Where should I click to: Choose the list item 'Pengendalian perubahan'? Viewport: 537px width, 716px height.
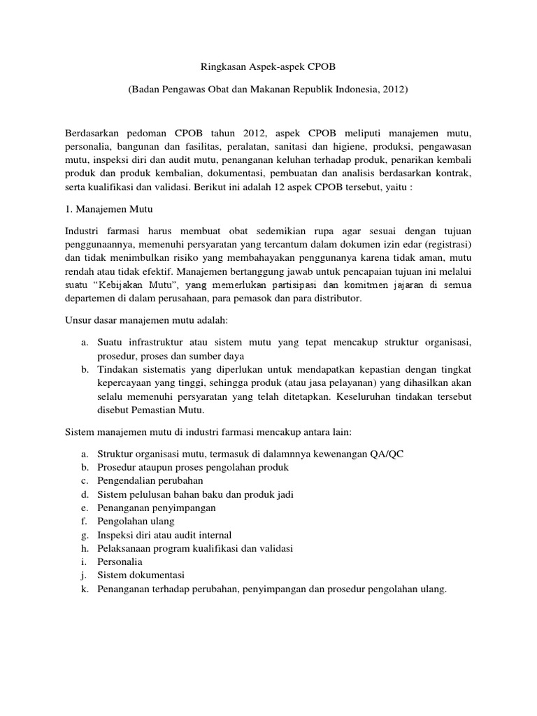tap(150, 480)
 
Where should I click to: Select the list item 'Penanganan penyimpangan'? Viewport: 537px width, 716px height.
tap(157, 508)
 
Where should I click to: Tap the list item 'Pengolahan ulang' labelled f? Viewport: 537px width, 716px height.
tap(136, 521)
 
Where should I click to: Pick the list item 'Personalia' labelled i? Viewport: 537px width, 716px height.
tap(120, 561)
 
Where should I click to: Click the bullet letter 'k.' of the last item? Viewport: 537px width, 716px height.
tap(85, 589)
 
